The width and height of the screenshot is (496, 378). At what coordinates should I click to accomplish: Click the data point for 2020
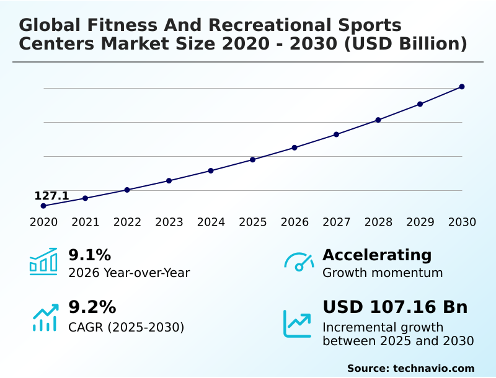click(x=43, y=206)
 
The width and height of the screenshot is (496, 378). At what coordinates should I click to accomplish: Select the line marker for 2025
click(x=253, y=160)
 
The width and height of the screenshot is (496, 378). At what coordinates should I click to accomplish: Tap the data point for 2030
click(x=462, y=87)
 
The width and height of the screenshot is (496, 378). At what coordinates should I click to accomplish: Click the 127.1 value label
click(x=51, y=196)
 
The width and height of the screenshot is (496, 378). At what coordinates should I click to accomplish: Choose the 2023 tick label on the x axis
click(x=169, y=222)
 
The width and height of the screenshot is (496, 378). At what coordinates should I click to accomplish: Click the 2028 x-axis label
click(x=378, y=222)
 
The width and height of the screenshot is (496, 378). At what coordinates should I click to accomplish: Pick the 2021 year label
click(x=86, y=222)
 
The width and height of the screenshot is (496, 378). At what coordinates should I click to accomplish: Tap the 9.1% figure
click(x=89, y=255)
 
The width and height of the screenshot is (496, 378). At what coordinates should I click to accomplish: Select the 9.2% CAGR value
click(x=92, y=307)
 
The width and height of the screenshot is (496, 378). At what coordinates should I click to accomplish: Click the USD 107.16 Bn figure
click(x=395, y=307)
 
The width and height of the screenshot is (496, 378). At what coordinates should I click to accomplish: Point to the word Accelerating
click(x=377, y=255)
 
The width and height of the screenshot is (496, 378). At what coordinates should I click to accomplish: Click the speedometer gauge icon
click(x=299, y=262)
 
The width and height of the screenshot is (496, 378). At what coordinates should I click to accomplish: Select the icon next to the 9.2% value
click(x=45, y=317)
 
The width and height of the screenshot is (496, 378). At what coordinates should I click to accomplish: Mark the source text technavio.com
click(x=433, y=368)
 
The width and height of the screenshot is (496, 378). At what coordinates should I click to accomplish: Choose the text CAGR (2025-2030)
click(x=126, y=327)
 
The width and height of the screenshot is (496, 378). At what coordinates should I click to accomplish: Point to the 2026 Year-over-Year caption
click(x=129, y=273)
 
